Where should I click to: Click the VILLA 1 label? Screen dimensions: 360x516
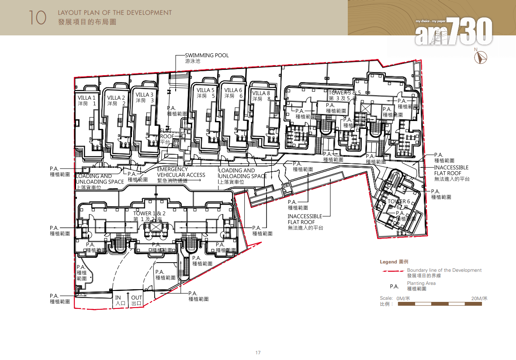coord(87,100)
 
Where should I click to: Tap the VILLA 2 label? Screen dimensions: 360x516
coord(116,100)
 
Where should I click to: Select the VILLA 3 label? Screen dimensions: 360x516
coord(145,97)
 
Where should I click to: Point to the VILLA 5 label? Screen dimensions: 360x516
coord(206,93)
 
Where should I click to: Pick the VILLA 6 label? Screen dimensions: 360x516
coord(233,93)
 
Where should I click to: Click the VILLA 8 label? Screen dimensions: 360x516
coord(261,96)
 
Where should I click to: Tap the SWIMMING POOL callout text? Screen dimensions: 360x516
coord(207,58)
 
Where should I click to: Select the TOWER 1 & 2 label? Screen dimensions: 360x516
coord(149,216)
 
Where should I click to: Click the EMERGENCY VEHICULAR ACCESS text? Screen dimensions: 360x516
coord(181,175)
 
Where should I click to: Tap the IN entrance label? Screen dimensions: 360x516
coord(118,300)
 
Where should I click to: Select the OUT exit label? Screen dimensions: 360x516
coord(136,300)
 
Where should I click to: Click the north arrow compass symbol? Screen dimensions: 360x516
coord(482,57)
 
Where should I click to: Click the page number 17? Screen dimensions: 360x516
coord(258,353)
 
